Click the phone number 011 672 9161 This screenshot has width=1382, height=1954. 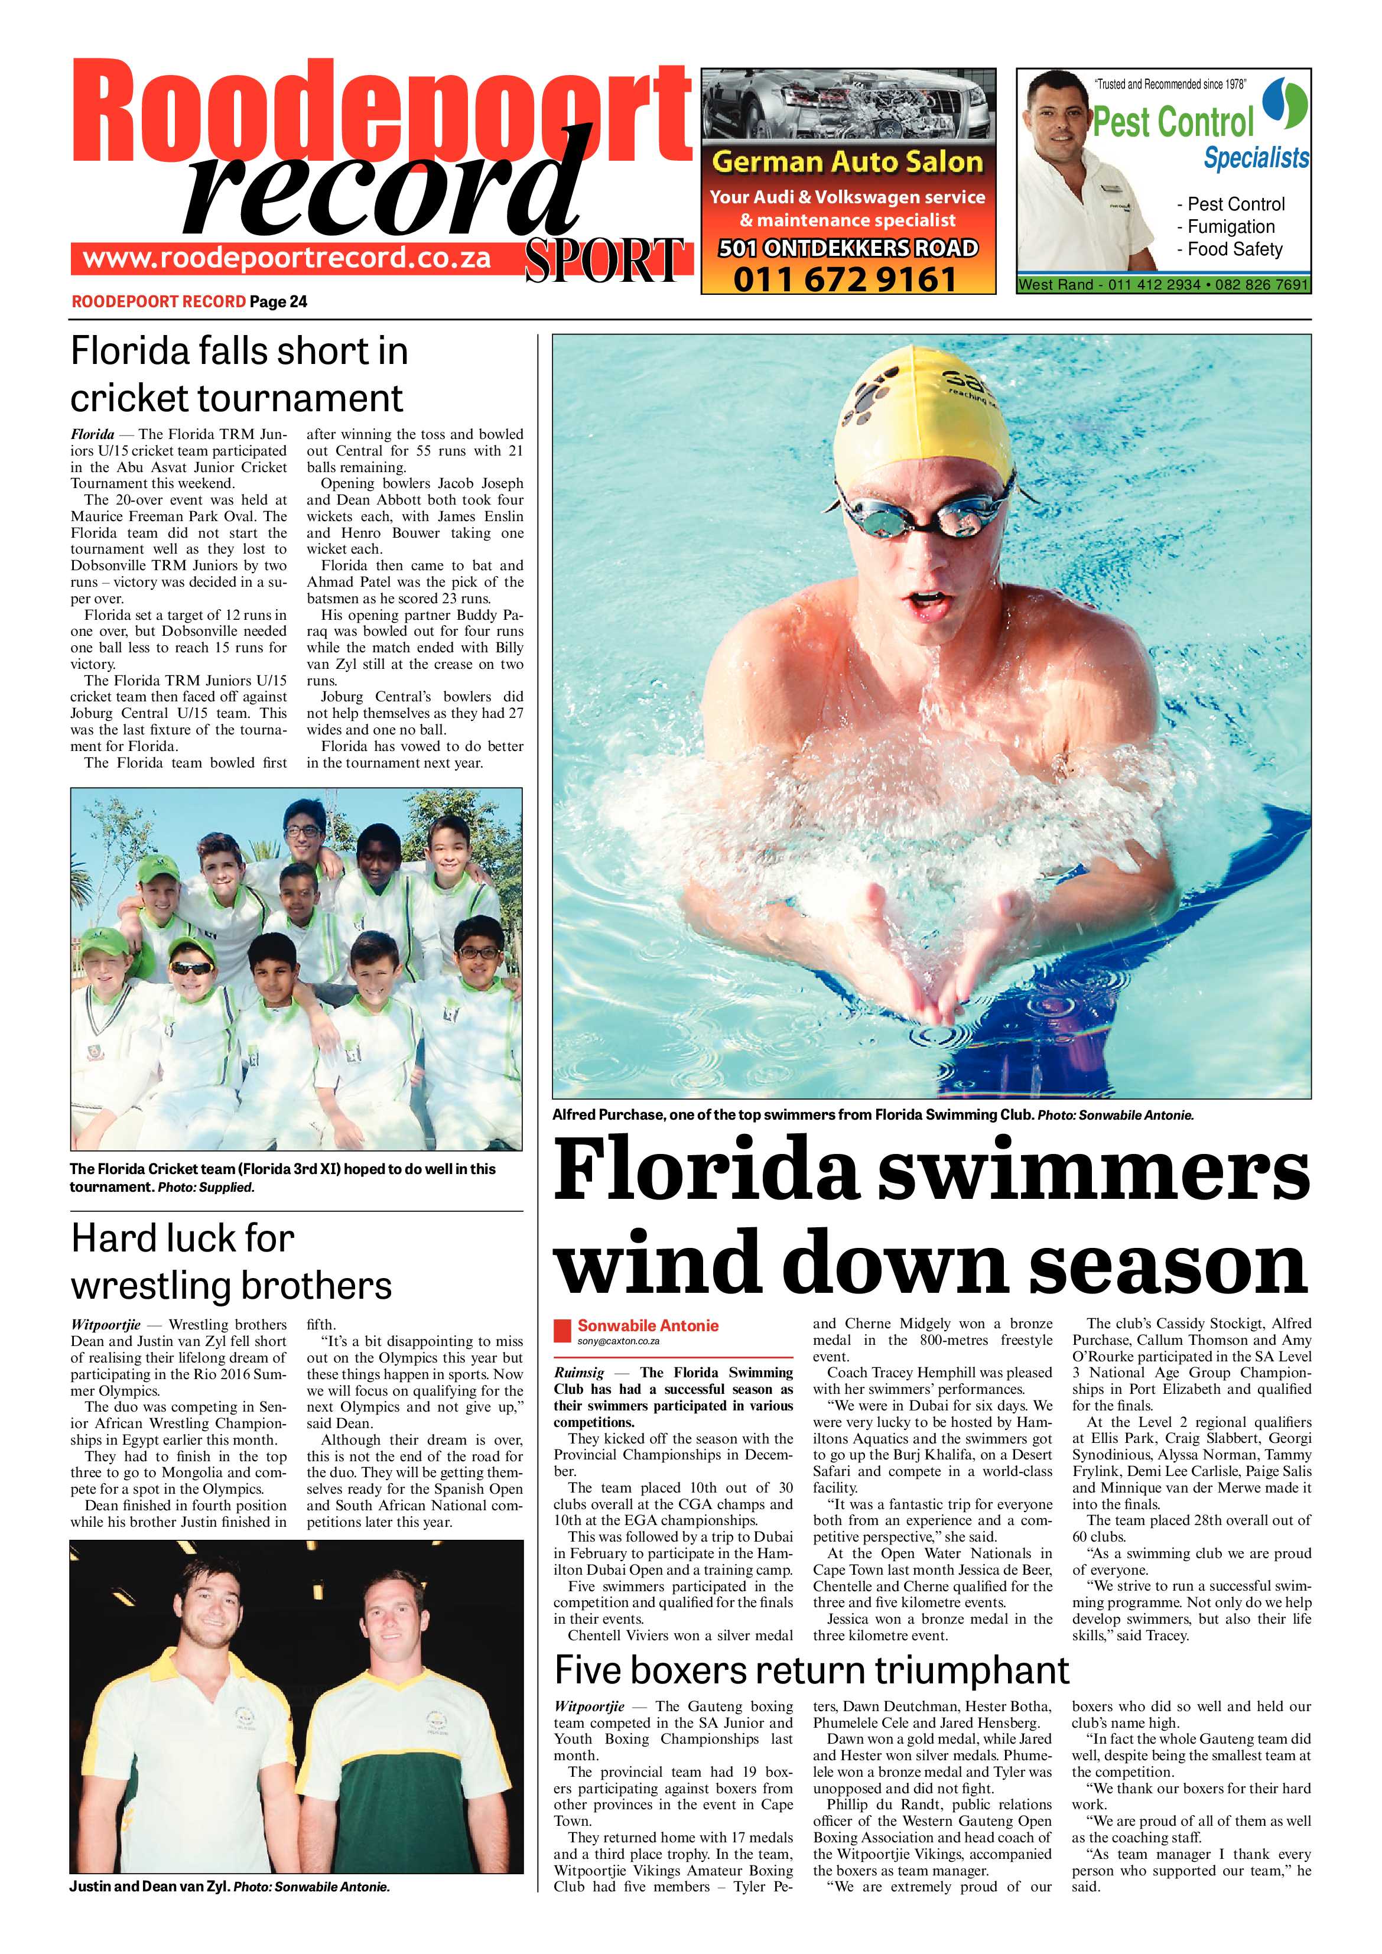point(847,279)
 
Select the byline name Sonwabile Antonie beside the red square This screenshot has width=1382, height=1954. point(648,1325)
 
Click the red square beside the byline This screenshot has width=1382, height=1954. point(562,1329)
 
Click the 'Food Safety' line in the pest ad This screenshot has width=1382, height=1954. point(1234,249)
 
